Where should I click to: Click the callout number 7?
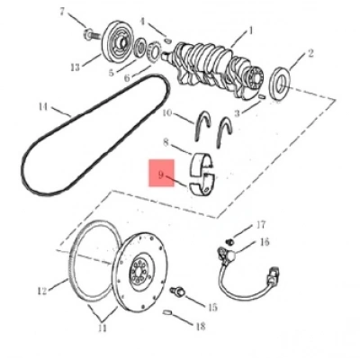pyautogui.click(x=62, y=13)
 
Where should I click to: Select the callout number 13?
pyautogui.click(x=76, y=67)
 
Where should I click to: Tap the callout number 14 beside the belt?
pyautogui.click(x=43, y=106)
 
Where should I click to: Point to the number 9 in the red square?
pyautogui.click(x=161, y=175)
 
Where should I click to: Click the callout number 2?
pyautogui.click(x=310, y=53)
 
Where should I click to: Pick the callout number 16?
pyautogui.click(x=265, y=242)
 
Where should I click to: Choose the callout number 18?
pyautogui.click(x=201, y=326)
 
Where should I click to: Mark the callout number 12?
pyautogui.click(x=42, y=291)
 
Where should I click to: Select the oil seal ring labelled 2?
pyautogui.click(x=281, y=84)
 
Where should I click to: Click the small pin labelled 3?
pyautogui.click(x=262, y=96)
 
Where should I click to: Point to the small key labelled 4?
pyautogui.click(x=168, y=39)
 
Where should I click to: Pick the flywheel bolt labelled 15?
pyautogui.click(x=177, y=291)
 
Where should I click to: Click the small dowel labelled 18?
pyautogui.click(x=167, y=312)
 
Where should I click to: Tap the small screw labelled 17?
pyautogui.click(x=229, y=240)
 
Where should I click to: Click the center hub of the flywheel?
pyautogui.click(x=141, y=272)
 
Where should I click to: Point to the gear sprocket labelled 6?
pyautogui.click(x=155, y=49)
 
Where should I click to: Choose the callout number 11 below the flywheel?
pyautogui.click(x=103, y=328)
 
